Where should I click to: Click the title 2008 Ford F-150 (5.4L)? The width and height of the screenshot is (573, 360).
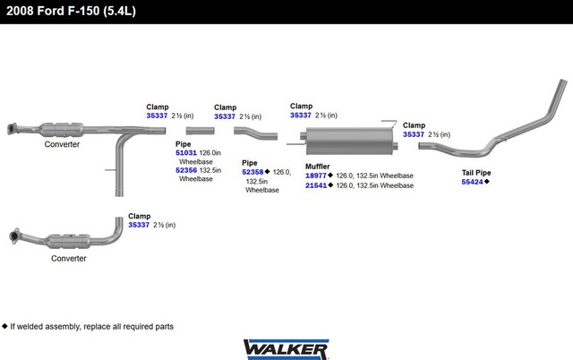(x=71, y=11)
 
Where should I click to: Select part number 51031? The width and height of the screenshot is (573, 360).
(x=186, y=153)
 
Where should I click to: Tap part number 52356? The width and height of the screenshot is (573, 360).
(x=186, y=170)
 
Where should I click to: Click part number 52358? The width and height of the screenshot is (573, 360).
(x=252, y=172)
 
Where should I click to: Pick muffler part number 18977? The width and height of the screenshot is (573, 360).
(x=316, y=176)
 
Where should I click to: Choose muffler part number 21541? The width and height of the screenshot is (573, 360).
(x=316, y=185)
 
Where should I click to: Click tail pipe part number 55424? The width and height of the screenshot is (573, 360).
(x=472, y=182)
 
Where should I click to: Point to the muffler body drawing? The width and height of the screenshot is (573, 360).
(x=349, y=141)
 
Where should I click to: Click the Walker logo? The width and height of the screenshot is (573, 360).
(x=286, y=349)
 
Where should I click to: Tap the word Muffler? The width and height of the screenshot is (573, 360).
(x=318, y=167)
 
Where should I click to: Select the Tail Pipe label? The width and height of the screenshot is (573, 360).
(x=476, y=173)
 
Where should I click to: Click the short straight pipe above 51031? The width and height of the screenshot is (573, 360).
(x=200, y=131)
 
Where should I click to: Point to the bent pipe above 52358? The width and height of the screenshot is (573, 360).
(x=255, y=133)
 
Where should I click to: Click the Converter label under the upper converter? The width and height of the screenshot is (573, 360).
(x=62, y=144)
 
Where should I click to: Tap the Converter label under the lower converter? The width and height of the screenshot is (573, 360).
(x=69, y=259)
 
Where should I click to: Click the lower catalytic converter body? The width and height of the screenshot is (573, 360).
(x=68, y=241)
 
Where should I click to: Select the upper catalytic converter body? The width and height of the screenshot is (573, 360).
(x=61, y=130)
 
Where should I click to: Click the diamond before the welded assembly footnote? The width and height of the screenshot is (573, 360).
(x=4, y=326)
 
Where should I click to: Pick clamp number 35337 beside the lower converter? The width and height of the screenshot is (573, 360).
(x=139, y=225)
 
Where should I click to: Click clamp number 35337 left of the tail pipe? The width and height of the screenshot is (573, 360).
(x=414, y=134)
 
